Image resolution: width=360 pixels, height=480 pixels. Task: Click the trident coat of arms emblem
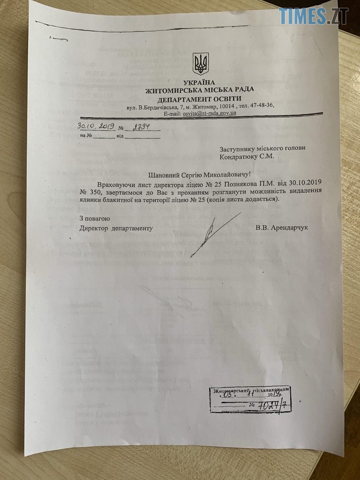click(201, 64)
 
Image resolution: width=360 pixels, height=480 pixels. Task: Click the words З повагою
click(94, 218)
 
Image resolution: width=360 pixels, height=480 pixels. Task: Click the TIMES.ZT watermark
click(314, 16)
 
